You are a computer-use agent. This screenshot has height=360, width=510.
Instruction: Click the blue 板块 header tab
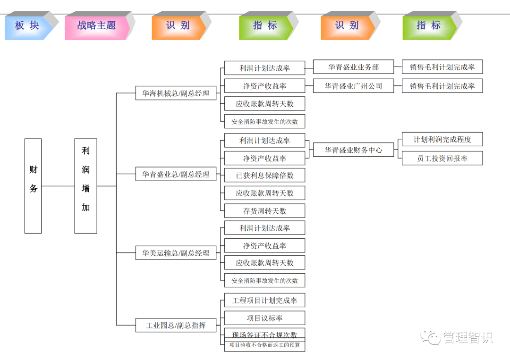pyautogui.click(x=27, y=25)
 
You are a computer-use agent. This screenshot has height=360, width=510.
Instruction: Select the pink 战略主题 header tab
pyautogui.click(x=96, y=25)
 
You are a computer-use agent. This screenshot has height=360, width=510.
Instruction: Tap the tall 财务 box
pyautogui.click(x=33, y=186)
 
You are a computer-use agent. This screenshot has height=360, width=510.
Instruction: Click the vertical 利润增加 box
pyautogui.click(x=85, y=186)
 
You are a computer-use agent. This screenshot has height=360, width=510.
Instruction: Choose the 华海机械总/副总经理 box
pyautogui.click(x=176, y=93)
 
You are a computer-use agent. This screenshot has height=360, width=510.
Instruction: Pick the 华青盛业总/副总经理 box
pyautogui.click(x=176, y=174)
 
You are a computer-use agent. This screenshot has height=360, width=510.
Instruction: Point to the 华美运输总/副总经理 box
pyautogui.click(x=176, y=253)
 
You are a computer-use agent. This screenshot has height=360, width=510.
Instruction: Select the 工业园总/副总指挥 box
pyautogui.click(x=176, y=325)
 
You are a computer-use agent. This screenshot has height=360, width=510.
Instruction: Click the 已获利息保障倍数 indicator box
pyautogui.click(x=264, y=175)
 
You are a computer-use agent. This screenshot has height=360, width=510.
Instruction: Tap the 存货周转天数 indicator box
pyautogui.click(x=264, y=211)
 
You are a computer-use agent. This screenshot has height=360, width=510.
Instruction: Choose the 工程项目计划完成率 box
pyautogui.click(x=264, y=300)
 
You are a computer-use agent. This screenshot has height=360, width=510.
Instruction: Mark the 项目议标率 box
pyautogui.click(x=264, y=318)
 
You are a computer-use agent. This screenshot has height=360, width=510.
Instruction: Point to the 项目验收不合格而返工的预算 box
pyautogui.click(x=264, y=345)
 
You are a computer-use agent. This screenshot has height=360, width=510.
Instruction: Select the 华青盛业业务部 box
pyautogui.click(x=353, y=67)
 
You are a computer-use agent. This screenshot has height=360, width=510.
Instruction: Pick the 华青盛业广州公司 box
pyautogui.click(x=353, y=86)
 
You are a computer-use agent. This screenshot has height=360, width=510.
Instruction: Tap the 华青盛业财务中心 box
pyautogui.click(x=353, y=150)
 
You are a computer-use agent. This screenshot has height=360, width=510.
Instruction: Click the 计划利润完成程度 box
pyautogui.click(x=442, y=139)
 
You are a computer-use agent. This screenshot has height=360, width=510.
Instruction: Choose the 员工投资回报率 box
pyautogui.click(x=442, y=159)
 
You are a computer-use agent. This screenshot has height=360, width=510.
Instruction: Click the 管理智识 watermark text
pyautogui.click(x=467, y=337)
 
